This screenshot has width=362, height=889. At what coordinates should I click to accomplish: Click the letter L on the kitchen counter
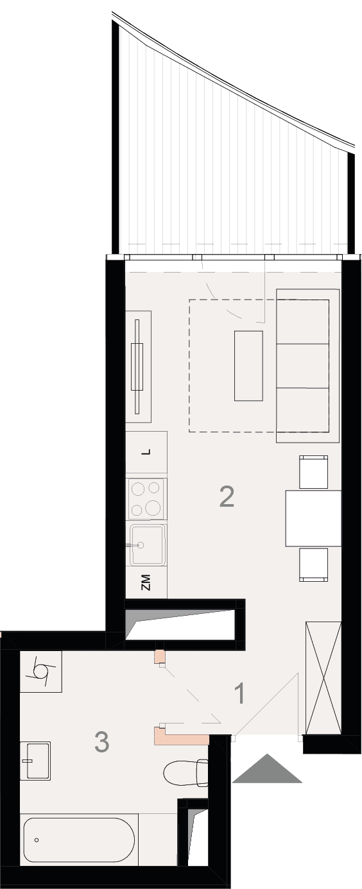click(x=147, y=452)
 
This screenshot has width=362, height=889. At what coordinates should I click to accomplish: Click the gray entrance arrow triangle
click(x=267, y=769)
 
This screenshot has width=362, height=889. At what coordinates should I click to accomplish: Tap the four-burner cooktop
click(x=146, y=499)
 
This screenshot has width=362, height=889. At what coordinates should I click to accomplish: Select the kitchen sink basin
click(x=147, y=545)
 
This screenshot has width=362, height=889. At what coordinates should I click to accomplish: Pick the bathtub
click(x=79, y=840)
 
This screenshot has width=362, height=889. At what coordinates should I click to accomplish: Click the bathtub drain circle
click(x=37, y=840)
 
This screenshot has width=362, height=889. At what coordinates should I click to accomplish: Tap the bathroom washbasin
click(x=35, y=761)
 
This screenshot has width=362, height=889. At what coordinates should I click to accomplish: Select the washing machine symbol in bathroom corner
click(x=41, y=671)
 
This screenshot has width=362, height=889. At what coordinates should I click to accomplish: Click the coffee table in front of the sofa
click(x=248, y=366)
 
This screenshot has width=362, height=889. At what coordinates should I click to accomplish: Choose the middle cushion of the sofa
click(x=303, y=366)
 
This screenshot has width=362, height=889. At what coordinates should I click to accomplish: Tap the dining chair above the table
click(x=314, y=472)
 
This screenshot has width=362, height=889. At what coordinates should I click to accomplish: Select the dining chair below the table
click(x=314, y=564)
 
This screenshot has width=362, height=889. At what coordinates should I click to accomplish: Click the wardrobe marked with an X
click(x=323, y=678)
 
